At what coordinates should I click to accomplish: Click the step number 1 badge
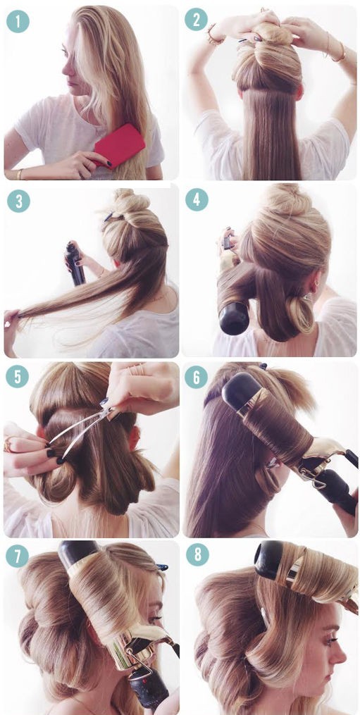(x=18, y=21)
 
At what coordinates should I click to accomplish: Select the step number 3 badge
(x=18, y=201)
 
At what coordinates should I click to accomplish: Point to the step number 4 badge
(x=197, y=200)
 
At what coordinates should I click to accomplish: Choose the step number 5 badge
(x=18, y=378)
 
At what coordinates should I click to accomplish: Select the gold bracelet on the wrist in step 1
(x=19, y=174)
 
